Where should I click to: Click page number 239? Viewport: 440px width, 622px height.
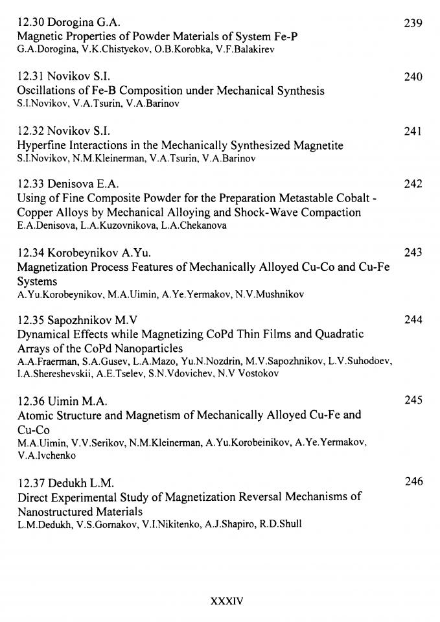tap(413, 23)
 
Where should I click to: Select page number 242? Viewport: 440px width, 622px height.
tap(413, 184)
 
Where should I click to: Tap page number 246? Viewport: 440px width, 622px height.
tap(413, 481)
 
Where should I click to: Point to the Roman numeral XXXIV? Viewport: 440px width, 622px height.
tap(227, 601)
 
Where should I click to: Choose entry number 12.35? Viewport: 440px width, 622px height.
tap(30, 320)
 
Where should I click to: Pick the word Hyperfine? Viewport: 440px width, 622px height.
tap(41, 144)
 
